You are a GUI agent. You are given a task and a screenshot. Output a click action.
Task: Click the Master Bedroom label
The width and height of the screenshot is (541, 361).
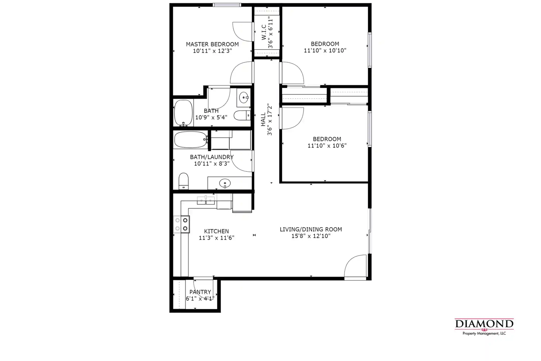tap(212, 44)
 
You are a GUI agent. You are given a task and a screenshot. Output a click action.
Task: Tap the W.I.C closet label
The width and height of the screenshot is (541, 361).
tap(264, 32)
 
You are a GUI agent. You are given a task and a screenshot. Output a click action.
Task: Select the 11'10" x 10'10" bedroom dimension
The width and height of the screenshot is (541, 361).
tap(325, 50)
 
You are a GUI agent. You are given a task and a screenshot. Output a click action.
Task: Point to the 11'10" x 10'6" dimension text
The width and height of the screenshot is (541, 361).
tap(327, 146)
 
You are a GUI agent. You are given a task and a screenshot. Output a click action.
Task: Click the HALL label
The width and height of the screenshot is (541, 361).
tap(263, 119)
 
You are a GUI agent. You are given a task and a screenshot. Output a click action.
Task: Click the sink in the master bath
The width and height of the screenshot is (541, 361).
tap(244, 98)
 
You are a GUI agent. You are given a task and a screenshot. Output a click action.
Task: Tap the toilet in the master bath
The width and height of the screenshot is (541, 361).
tap(242, 116)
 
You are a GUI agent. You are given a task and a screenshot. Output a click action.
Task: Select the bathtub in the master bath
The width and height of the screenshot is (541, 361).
tap(183, 113)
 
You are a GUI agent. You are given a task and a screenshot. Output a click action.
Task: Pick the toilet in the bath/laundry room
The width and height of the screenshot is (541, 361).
tap(184, 181)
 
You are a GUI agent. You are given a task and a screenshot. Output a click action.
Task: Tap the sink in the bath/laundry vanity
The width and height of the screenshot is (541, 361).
tap(225, 184)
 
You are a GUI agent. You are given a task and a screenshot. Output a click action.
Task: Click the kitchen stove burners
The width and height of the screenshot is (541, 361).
tap(181, 224)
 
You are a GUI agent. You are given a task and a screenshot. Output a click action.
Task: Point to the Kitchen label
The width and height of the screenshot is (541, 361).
tap(216, 231)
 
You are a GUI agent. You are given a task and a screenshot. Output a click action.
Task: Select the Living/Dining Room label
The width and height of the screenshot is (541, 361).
tap(311, 229)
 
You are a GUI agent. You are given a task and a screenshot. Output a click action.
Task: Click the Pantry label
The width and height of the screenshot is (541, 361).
tap(200, 292)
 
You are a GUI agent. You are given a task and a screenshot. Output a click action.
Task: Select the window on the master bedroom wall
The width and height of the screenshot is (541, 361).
tap(227, 5)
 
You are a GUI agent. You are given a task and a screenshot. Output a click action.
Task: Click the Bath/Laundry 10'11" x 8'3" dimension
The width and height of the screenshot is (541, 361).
tap(212, 164)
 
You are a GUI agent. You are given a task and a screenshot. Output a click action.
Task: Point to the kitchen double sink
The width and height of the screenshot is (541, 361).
tap(206, 200)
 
